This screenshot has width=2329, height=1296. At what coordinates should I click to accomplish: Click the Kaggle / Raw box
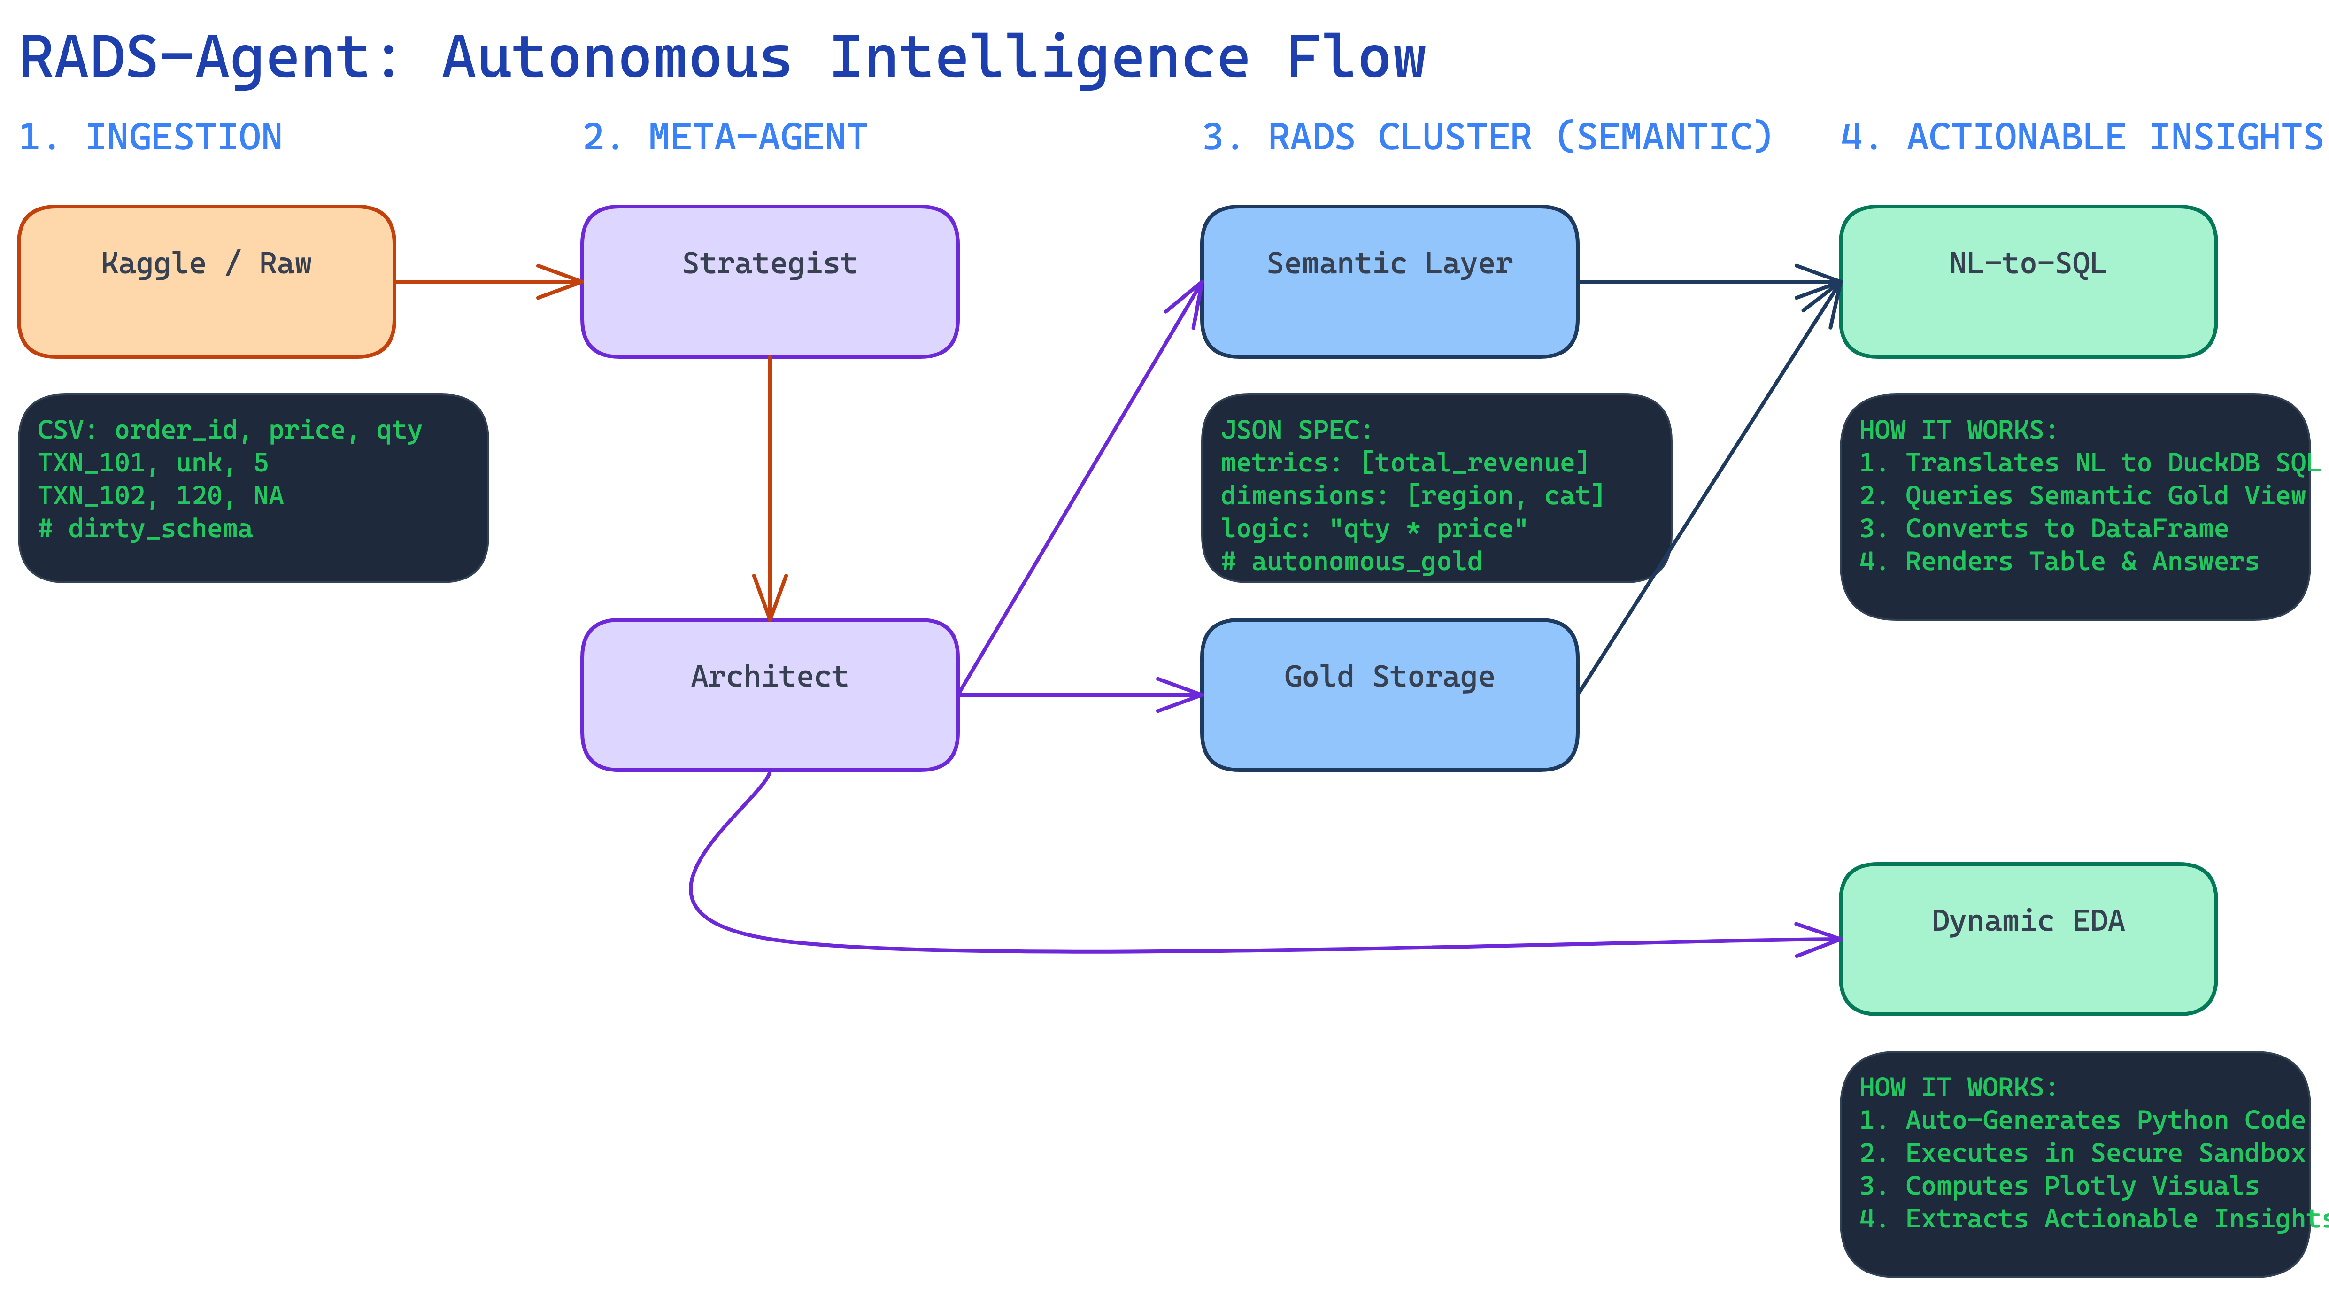(x=206, y=281)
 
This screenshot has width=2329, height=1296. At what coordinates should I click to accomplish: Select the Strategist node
(x=770, y=281)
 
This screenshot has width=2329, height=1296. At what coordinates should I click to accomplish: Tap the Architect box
(x=770, y=694)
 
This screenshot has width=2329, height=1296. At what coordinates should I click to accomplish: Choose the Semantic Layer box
(x=1389, y=281)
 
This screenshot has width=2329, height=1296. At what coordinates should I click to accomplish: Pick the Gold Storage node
(x=1389, y=694)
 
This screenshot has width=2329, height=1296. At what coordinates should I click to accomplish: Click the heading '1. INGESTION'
(x=150, y=138)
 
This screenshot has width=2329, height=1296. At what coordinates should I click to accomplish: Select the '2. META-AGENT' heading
(x=724, y=138)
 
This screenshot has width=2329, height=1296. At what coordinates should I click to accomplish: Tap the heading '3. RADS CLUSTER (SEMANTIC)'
(x=1486, y=138)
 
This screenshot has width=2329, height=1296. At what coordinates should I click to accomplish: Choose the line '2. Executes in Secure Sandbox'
(x=2081, y=1153)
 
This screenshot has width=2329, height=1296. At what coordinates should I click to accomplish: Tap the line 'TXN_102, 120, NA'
(x=160, y=495)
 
